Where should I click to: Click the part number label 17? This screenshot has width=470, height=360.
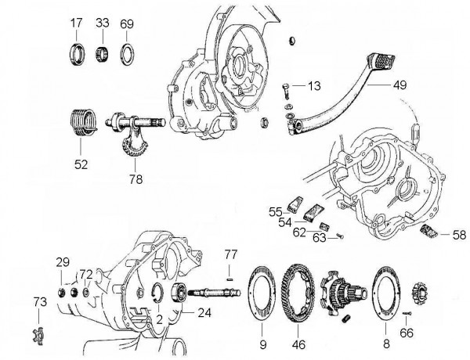(x=76, y=24)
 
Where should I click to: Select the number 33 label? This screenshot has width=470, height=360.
(x=102, y=24)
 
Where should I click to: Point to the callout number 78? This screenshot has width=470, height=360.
(x=136, y=177)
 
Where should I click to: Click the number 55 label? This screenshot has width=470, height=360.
(x=275, y=211)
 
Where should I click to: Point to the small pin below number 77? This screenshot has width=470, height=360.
(x=230, y=272)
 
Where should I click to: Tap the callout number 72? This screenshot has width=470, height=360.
(x=87, y=274)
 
